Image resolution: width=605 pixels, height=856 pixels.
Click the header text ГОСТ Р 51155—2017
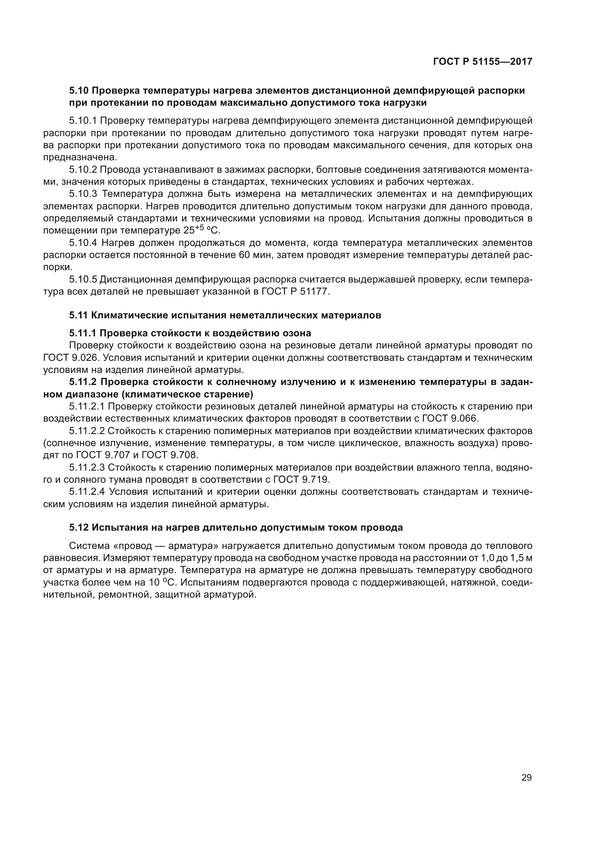click(x=482, y=61)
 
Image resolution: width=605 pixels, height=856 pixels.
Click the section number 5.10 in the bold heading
click(x=79, y=91)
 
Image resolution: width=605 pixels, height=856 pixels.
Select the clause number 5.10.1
click(x=83, y=121)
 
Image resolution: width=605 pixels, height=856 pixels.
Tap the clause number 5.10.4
click(x=83, y=243)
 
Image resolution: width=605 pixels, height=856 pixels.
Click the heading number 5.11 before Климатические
click(x=79, y=315)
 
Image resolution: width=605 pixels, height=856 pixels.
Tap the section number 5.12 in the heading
click(x=79, y=528)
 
